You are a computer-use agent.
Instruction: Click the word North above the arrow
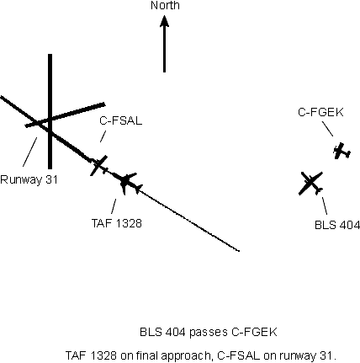pos(165,5)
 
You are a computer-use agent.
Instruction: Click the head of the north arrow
pos(164,21)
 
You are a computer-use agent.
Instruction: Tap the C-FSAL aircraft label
pos(120,120)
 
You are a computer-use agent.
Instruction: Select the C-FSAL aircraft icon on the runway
pos(98,165)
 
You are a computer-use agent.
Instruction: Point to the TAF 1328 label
pos(117,223)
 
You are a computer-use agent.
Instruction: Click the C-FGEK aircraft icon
pos(341,152)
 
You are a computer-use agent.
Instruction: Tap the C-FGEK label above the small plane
pos(320,112)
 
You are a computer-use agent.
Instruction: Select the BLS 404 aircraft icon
pos(311,184)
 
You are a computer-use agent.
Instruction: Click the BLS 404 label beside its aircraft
pos(337,225)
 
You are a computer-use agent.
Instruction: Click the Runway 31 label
pos(29,179)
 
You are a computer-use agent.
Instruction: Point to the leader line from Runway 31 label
pos(29,152)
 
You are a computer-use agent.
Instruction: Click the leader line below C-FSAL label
pos(103,136)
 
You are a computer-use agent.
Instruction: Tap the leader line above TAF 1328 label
pos(114,206)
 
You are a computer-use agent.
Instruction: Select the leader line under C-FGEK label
pos(327,129)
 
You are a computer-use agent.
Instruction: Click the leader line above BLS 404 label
pos(325,206)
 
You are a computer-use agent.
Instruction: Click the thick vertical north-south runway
pos(50,111)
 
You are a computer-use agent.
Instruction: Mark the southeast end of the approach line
pos(239,251)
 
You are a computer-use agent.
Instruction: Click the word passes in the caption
pos(209,332)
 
